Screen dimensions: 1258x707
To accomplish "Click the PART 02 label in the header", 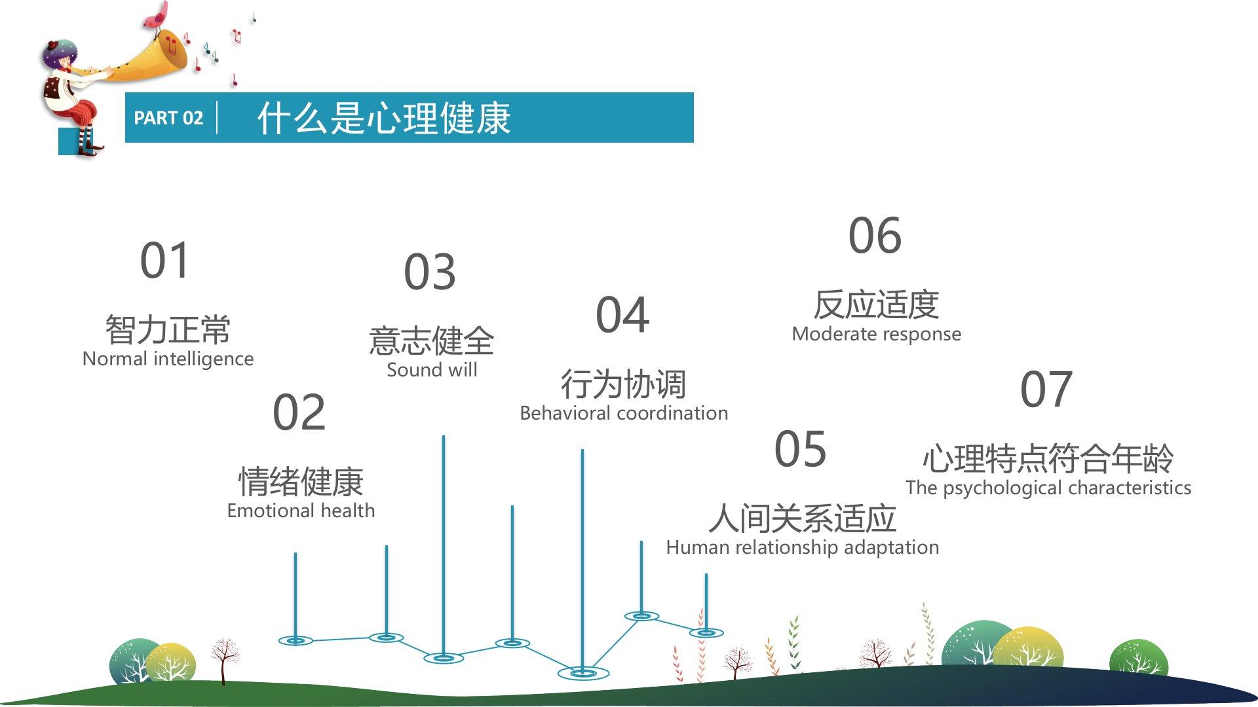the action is coord(168,118).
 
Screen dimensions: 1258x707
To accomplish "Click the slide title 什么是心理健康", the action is coord(383,118).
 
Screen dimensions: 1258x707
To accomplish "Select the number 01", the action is coord(165,260).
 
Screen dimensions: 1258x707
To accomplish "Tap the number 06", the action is coord(875,236).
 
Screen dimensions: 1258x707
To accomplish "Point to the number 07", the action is coord(1046,389).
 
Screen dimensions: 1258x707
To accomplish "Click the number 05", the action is coord(800,449).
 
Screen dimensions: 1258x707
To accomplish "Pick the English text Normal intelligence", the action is coord(168,359).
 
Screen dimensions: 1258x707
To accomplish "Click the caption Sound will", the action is coord(432,370).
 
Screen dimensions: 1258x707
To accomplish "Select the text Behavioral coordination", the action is coord(624,413).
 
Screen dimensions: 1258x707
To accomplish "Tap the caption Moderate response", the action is coord(877,335).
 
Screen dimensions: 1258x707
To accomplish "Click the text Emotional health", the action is coord(301,511).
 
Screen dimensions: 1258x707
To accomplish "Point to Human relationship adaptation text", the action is coord(803,547).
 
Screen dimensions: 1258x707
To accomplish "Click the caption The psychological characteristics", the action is coord(1048,488).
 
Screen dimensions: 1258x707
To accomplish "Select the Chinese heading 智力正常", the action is coord(168,329).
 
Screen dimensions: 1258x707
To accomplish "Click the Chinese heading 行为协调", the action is coord(624,384).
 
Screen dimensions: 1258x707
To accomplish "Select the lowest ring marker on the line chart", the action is coord(583,673).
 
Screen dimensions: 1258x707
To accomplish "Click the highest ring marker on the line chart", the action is coord(642,616).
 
